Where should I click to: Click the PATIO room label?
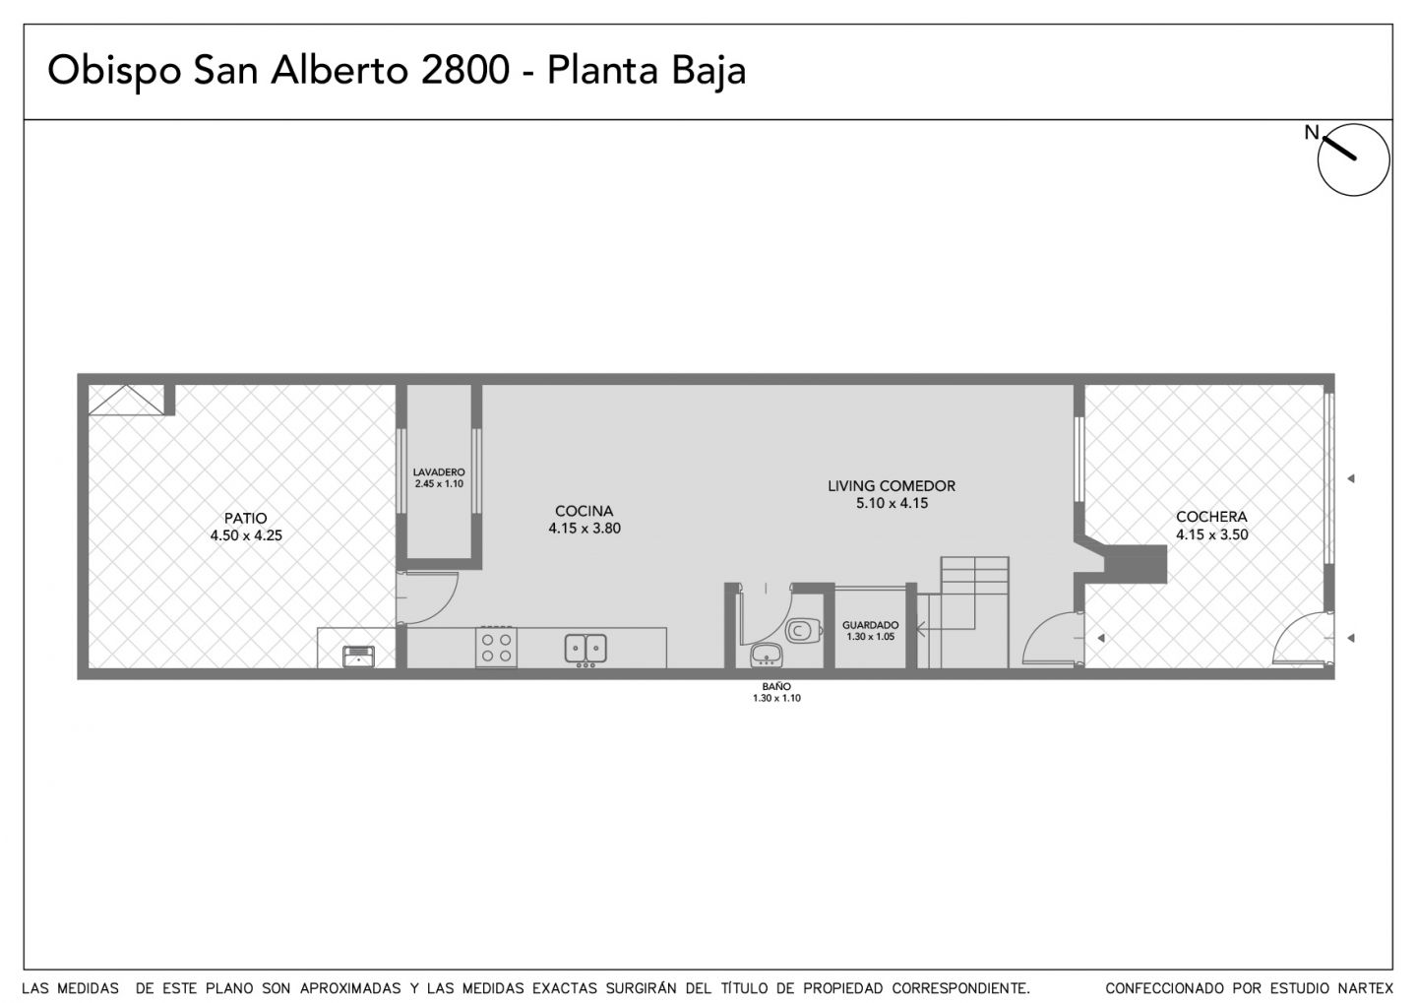(x=245, y=519)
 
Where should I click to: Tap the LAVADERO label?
(x=439, y=472)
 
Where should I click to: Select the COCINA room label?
(x=584, y=511)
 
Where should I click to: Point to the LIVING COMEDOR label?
(x=892, y=486)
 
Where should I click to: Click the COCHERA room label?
(x=1211, y=517)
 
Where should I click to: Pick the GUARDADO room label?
(x=871, y=625)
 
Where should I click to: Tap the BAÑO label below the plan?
(x=776, y=687)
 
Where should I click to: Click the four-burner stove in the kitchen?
(x=497, y=648)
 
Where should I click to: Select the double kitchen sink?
(x=585, y=650)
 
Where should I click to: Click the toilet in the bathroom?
(x=803, y=630)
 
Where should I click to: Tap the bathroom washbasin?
(x=767, y=656)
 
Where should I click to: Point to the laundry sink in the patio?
(x=358, y=657)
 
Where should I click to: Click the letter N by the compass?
(x=1312, y=132)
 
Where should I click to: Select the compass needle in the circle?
(x=1340, y=148)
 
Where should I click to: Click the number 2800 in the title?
(x=464, y=70)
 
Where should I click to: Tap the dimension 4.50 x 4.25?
(x=246, y=535)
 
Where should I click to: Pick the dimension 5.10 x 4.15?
(x=892, y=504)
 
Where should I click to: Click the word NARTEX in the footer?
(x=1366, y=988)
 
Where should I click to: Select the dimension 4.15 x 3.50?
(x=1212, y=534)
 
